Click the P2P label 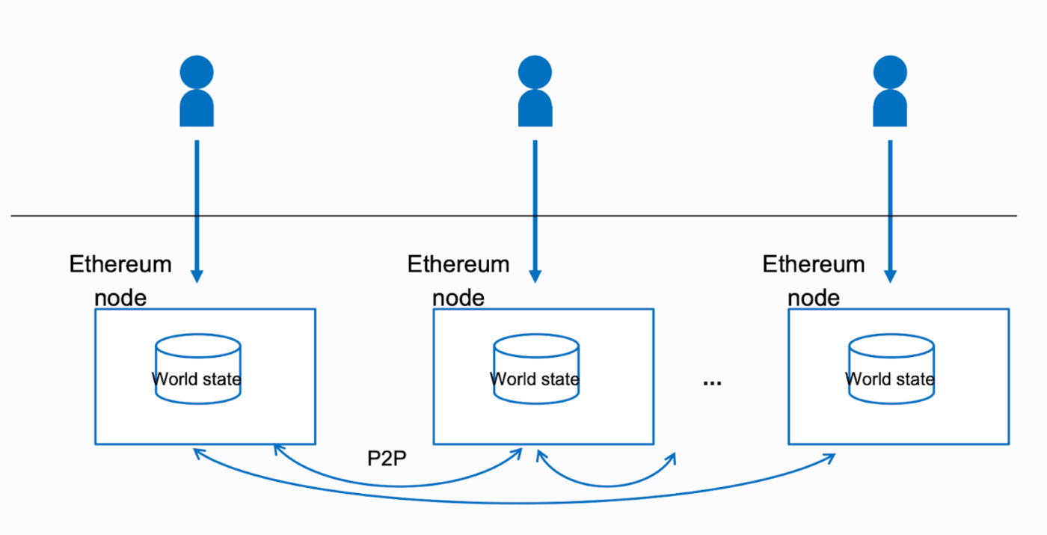click(x=387, y=459)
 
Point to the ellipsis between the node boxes click(x=712, y=382)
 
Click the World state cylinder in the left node click(x=197, y=369)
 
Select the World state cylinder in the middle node click(x=535, y=369)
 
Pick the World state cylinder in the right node click(x=890, y=369)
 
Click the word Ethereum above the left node click(x=120, y=264)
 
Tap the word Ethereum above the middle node click(x=458, y=264)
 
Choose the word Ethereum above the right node click(x=814, y=264)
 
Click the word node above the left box click(x=120, y=298)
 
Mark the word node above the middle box click(x=458, y=298)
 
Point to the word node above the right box click(x=814, y=298)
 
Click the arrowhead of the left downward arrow click(x=197, y=276)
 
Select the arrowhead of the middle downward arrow click(x=535, y=276)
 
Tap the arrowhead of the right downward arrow click(x=890, y=276)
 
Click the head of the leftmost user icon click(x=197, y=72)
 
